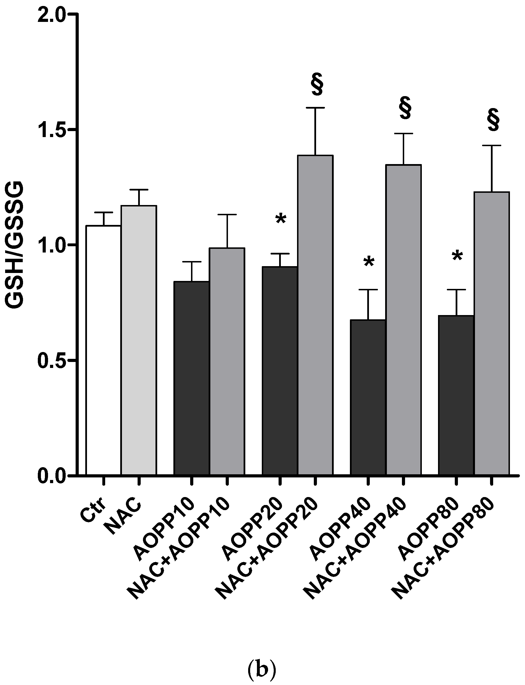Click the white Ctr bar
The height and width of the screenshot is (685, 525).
click(x=103, y=350)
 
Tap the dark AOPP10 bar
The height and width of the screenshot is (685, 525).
click(x=191, y=378)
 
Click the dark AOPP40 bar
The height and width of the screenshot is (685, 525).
click(x=368, y=397)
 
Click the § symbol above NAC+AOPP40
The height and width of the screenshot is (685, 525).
click(x=405, y=108)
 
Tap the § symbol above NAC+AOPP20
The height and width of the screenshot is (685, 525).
click(x=317, y=84)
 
